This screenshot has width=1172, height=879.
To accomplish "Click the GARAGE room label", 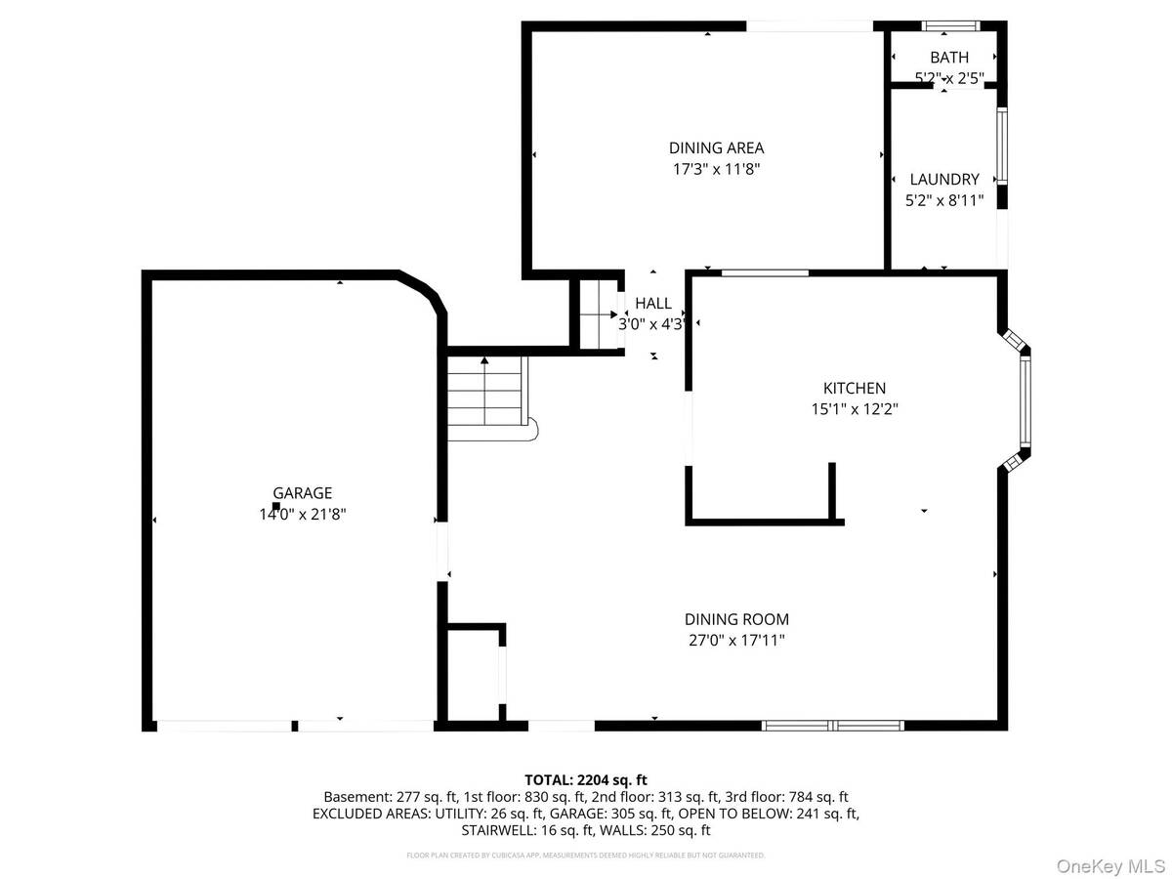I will coord(302,493).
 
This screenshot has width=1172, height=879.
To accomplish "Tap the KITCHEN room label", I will coord(854,388).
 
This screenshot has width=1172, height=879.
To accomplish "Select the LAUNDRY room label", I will coord(943,179).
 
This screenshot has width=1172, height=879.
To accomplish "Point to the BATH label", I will coord(948,58).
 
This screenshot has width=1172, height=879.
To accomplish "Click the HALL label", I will coord(653,304).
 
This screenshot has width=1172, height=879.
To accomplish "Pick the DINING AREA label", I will coord(716,148).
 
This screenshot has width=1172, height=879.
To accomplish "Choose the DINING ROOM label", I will coord(736,619).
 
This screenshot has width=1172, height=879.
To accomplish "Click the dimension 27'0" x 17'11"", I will coord(736,641).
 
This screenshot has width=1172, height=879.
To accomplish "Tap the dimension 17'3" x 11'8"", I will coord(716,169).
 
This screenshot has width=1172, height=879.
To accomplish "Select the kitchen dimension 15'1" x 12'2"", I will coord(854,409).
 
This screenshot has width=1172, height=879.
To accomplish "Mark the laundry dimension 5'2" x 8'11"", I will coord(943,200).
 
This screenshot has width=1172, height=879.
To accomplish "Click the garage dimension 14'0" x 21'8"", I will coord(302,514).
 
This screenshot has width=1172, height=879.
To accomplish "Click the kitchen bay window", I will coord(1024,401).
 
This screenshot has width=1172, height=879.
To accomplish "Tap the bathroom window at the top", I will coord(950,26).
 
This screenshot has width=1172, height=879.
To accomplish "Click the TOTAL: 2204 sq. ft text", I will coord(586,779).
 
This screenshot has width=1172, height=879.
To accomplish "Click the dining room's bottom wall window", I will coord(832,726).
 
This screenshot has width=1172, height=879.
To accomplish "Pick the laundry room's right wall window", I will coord(1001,146).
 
